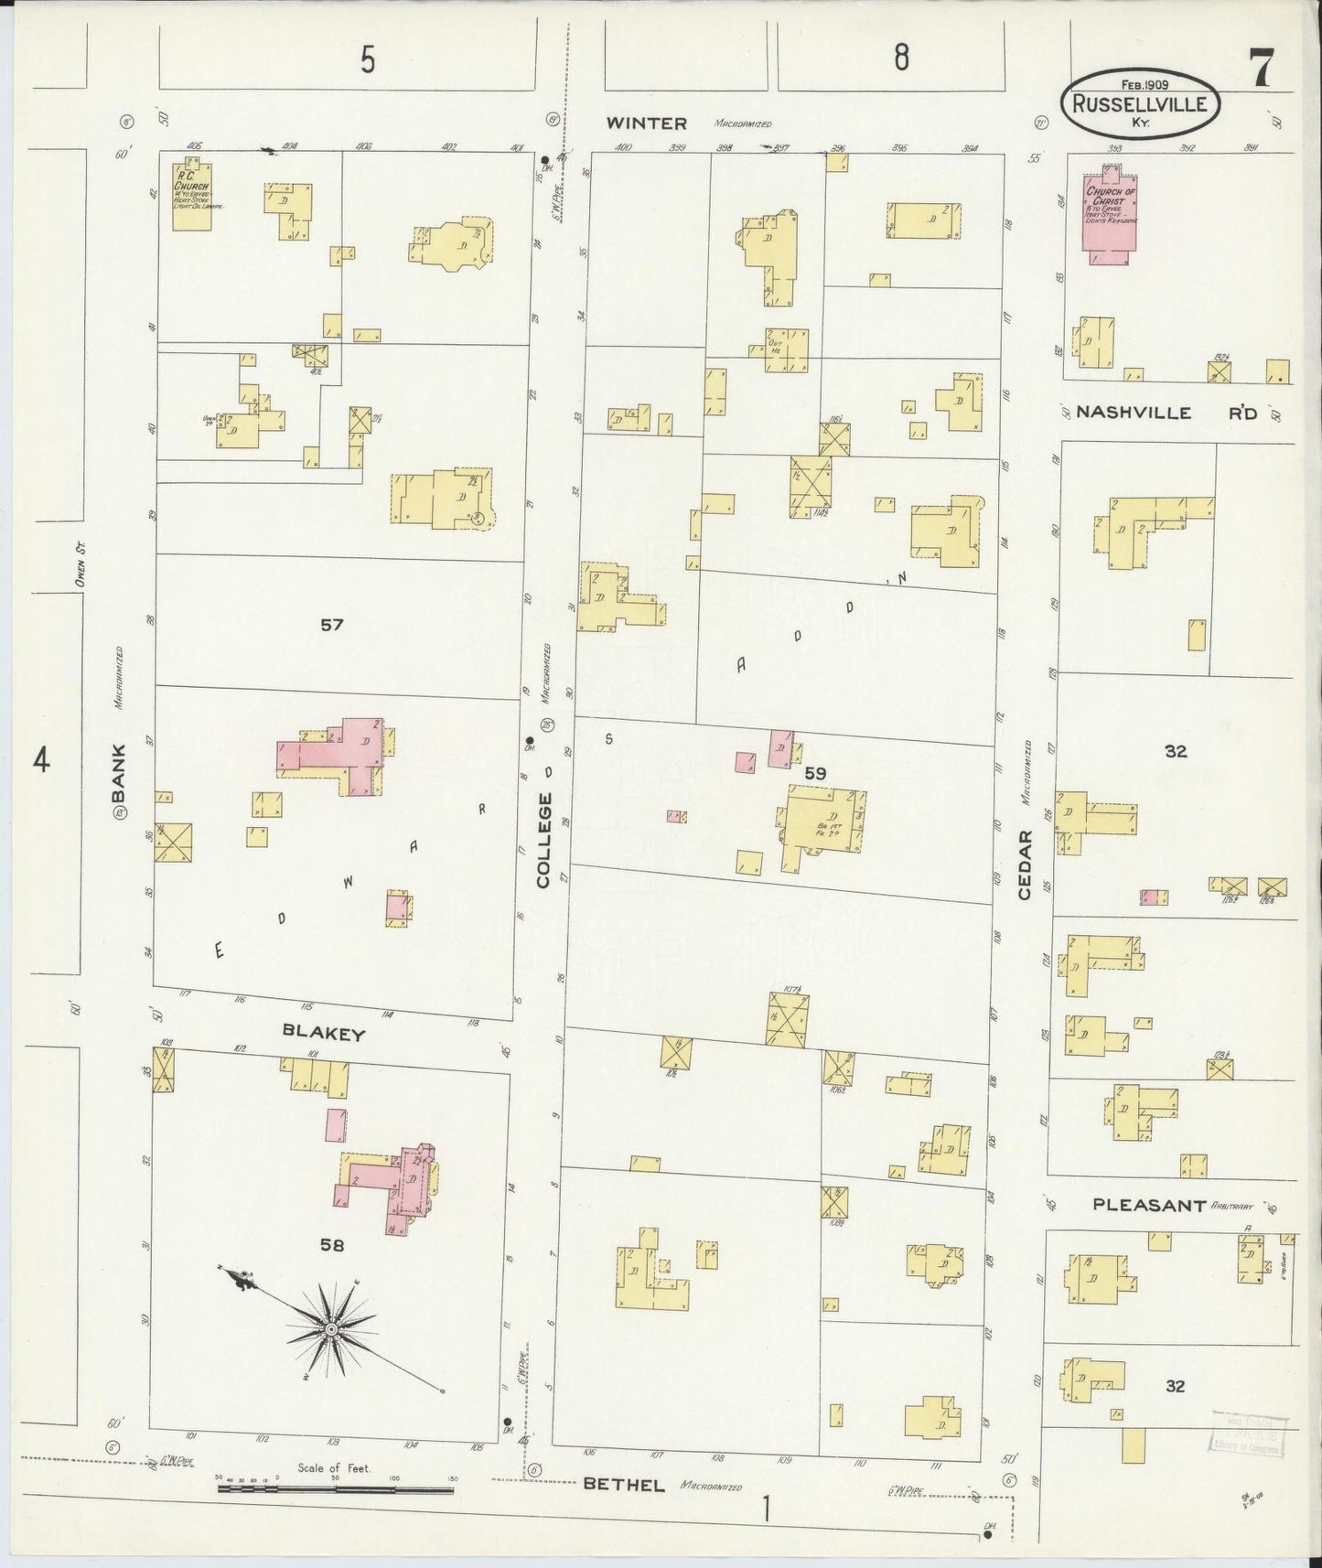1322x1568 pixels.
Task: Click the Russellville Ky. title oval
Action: point(1139,104)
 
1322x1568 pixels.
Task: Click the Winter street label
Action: point(646,124)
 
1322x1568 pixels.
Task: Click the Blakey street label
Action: point(323,1034)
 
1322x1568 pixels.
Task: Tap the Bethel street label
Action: point(624,1485)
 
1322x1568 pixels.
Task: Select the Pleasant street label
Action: point(1149,1205)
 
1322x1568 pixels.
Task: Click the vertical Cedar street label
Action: point(1024,865)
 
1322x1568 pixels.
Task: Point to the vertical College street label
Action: point(544,840)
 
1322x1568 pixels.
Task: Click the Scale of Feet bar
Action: point(335,1490)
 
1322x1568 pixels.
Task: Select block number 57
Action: point(331,625)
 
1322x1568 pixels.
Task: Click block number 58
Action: point(331,1244)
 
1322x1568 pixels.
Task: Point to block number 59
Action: point(814,773)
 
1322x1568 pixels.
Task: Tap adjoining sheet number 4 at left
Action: point(40,759)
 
